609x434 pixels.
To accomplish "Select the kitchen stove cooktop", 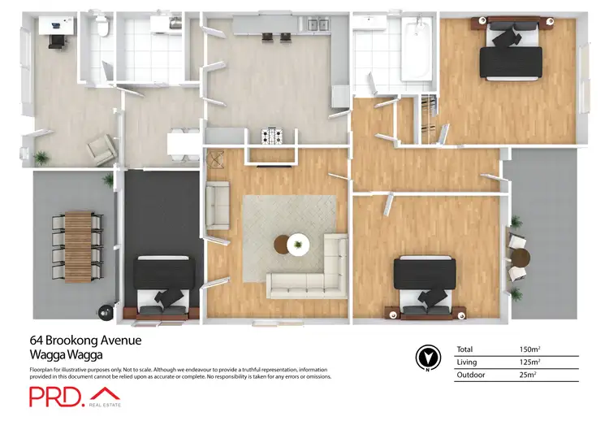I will (270, 135).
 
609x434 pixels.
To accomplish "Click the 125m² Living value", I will (529, 362).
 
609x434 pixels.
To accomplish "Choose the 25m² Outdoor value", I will (527, 375).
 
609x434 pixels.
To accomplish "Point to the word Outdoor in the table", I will (471, 375).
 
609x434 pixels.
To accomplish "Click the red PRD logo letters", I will (55, 396).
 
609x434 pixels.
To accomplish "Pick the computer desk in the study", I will (55, 29).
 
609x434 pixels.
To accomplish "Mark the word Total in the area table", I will (464, 349).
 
